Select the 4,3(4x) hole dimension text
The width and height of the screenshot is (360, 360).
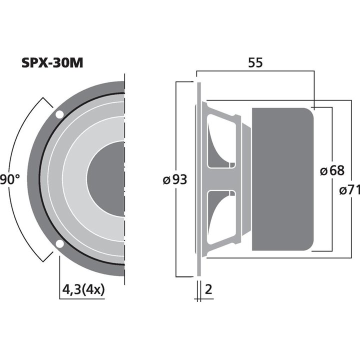coord(83,290)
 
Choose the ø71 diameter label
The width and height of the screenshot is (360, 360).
coord(349,190)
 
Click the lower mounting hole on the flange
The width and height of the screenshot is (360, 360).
coord(59,244)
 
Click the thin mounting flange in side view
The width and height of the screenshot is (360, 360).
coord(198,179)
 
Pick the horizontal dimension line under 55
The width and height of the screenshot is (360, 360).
coord(255,71)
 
